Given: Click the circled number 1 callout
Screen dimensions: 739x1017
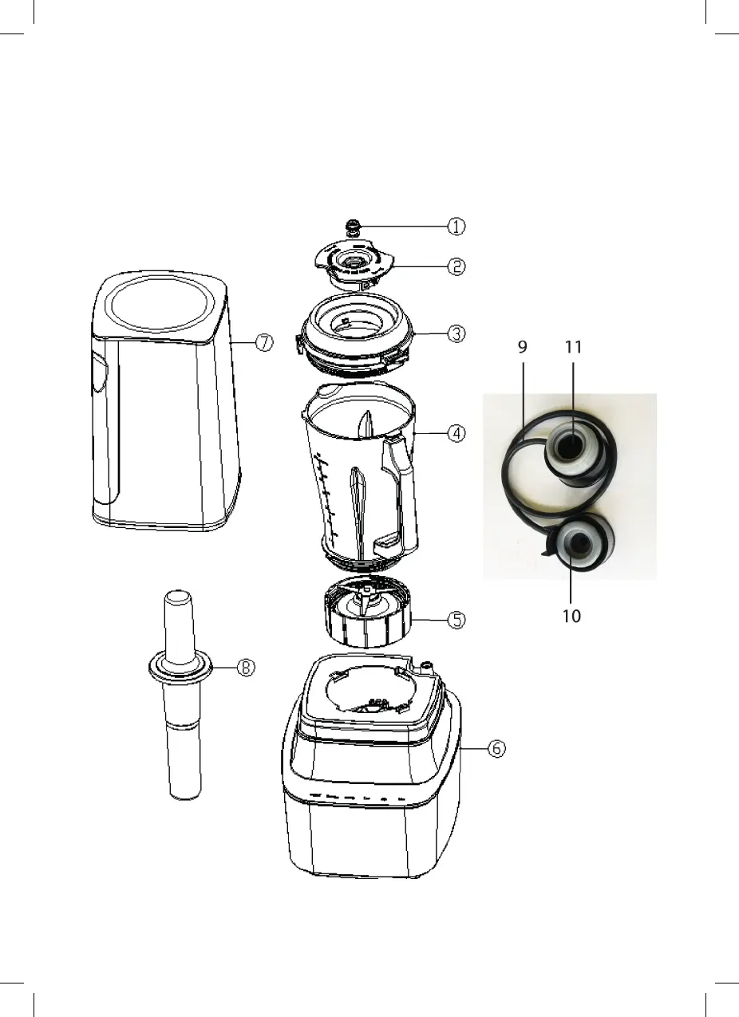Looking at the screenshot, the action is coord(455,227).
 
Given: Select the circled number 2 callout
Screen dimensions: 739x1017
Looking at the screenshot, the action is coord(455,266).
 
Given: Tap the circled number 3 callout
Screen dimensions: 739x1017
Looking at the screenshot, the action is coord(455,334).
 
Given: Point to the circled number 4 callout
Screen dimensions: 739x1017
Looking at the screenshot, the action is coord(455,434).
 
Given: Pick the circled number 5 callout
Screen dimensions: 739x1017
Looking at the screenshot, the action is coord(455,620).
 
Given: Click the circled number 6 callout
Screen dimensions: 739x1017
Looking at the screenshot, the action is coord(496,749).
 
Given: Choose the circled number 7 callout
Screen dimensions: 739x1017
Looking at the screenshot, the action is coord(264,342).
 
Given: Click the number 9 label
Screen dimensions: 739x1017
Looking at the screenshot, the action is coord(523,347).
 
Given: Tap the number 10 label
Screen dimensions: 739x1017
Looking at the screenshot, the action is coord(571,616).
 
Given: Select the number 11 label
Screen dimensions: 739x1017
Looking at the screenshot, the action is coord(573,347).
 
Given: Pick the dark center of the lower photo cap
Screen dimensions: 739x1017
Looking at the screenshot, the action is coord(578,542).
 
